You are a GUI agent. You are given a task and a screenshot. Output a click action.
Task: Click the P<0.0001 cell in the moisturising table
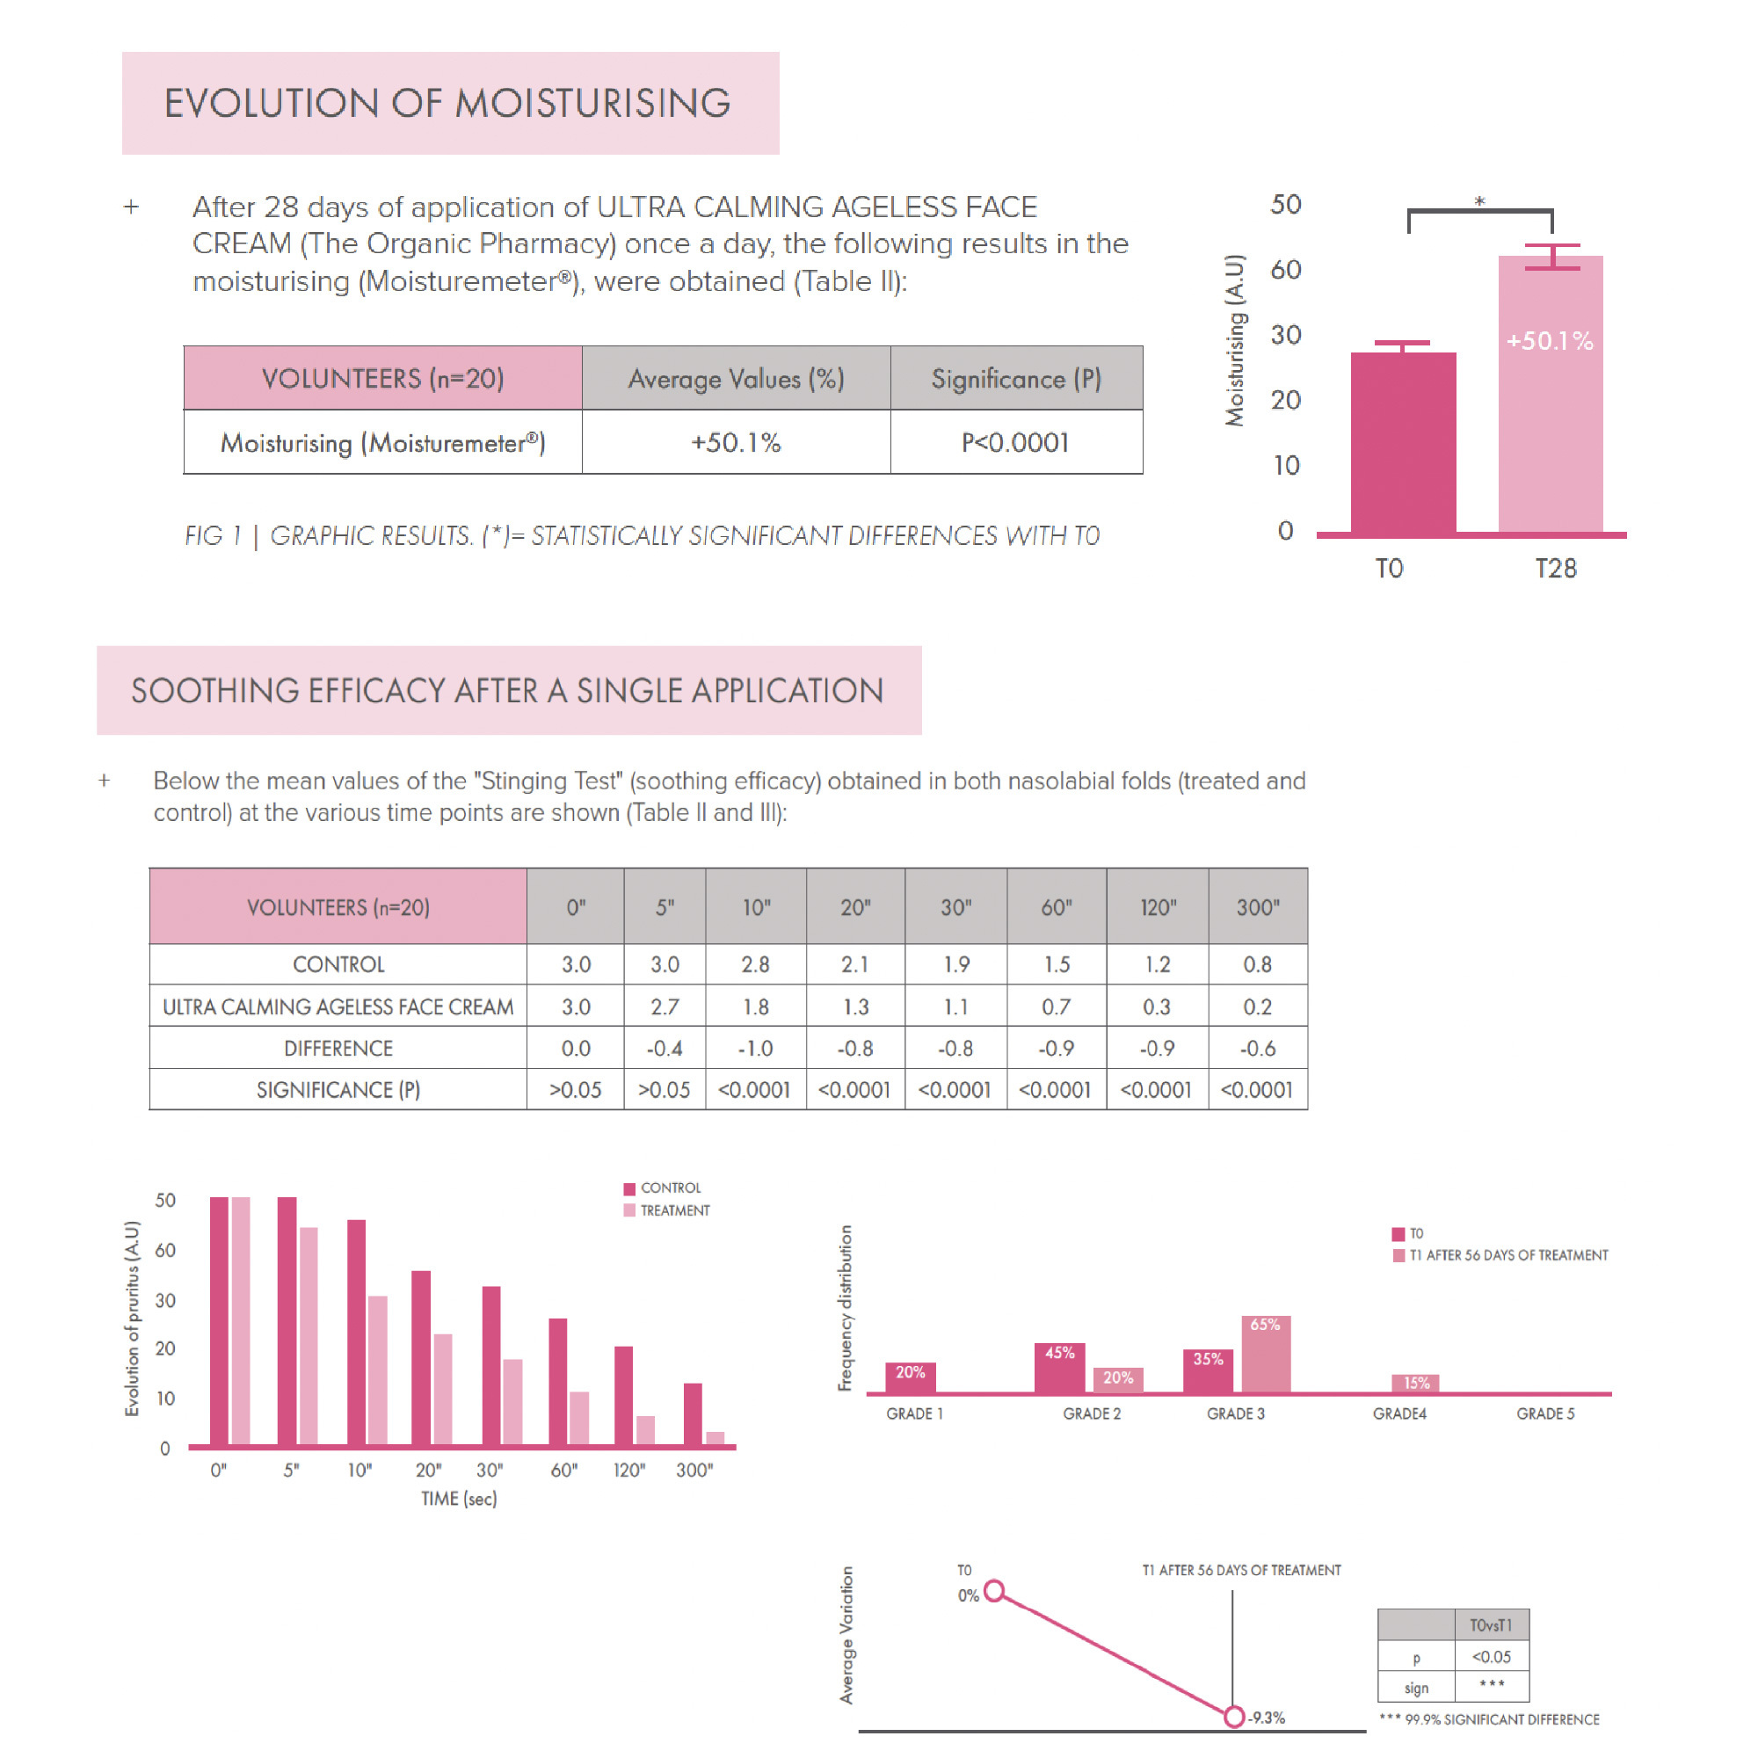point(1015,442)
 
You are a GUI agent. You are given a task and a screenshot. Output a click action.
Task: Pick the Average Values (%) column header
point(735,379)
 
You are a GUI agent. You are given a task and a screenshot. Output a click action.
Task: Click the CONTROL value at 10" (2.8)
point(755,963)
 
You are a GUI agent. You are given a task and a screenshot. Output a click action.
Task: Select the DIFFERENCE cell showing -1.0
point(755,1049)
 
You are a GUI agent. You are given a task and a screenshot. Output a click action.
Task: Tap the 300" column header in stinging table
point(1258,907)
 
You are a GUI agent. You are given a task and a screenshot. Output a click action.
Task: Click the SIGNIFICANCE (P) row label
point(338,1089)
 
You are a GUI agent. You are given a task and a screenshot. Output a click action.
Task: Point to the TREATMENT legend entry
point(673,1210)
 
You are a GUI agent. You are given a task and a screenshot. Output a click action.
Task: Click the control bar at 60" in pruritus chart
point(558,1381)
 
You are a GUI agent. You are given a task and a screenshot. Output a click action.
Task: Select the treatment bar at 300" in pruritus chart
point(716,1438)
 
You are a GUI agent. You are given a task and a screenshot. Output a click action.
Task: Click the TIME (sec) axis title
point(459,1499)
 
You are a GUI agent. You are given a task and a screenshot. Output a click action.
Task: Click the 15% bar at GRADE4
point(1415,1383)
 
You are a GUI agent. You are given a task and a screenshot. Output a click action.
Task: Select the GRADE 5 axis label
point(1544,1413)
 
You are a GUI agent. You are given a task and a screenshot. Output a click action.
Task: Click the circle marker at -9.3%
point(1233,1717)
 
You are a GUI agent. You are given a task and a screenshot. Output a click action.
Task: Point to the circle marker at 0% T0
point(994,1591)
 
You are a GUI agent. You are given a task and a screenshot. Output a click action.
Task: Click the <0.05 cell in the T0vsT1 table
point(1492,1656)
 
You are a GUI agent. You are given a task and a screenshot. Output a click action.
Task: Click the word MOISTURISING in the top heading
point(592,103)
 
